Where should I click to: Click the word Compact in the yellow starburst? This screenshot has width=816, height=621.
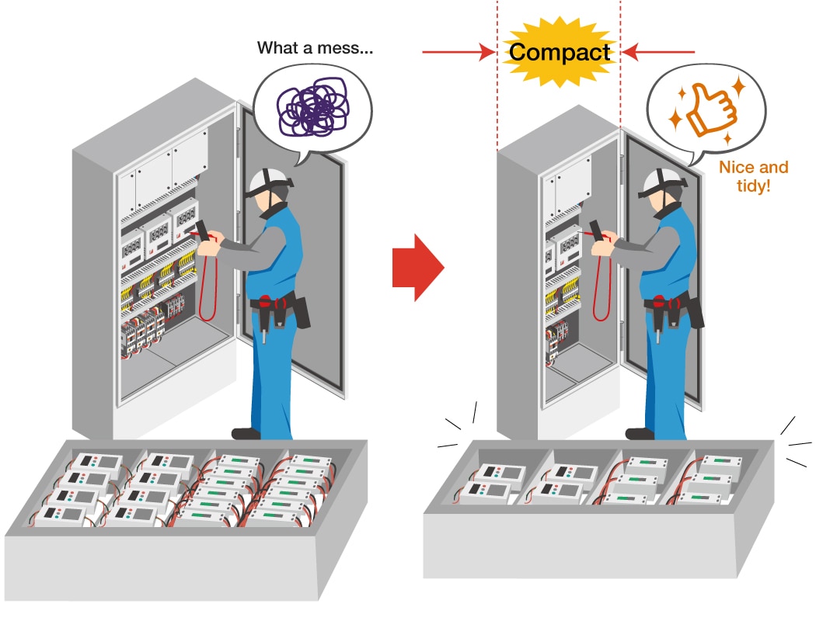point(560,53)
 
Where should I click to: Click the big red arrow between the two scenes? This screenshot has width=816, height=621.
point(417,267)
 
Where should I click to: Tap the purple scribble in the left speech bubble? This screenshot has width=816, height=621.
point(311,109)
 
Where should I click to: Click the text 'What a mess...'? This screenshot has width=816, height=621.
point(315,48)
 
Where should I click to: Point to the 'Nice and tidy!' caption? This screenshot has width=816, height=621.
point(753,176)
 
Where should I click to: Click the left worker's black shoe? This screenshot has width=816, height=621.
point(246,433)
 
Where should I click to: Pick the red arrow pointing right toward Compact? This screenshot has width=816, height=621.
point(459,53)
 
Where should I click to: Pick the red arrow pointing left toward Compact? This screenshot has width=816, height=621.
point(659,53)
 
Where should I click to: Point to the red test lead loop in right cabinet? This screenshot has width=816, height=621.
point(601,291)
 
